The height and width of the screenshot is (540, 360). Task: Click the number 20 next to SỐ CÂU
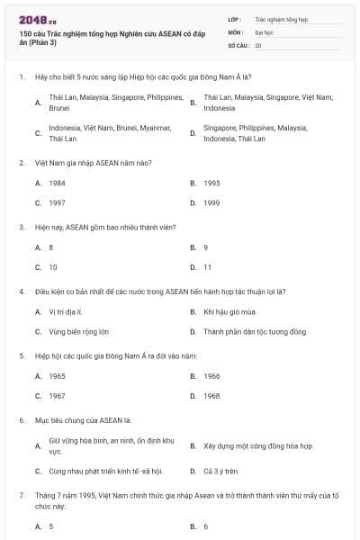point(258,44)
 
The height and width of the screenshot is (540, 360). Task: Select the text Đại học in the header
point(264,31)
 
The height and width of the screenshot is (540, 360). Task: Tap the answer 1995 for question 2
point(211,183)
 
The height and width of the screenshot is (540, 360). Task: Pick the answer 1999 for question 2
point(211,202)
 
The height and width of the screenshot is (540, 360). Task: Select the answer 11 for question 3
point(208,267)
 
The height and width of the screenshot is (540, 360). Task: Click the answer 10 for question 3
point(53,267)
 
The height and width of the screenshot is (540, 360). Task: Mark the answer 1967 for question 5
point(57,396)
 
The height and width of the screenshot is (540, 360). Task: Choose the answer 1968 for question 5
point(211,396)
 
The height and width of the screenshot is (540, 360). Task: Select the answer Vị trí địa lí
point(66,311)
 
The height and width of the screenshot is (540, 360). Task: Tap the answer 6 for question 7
point(206,526)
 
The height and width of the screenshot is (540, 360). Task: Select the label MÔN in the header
point(235,31)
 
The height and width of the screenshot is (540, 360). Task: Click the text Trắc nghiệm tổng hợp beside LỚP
point(281,18)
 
